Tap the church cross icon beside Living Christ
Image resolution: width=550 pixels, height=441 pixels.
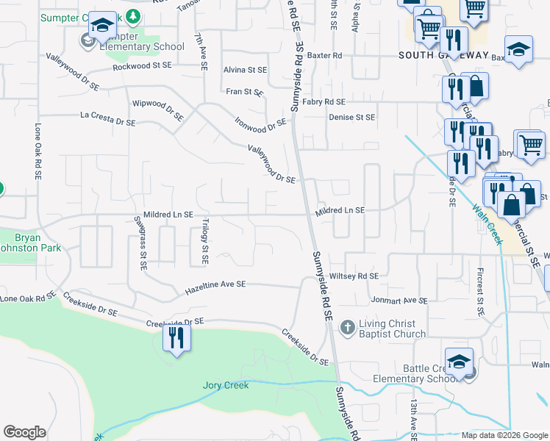tap(347, 326)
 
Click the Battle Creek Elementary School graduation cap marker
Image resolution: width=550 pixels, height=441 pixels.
tap(459, 362)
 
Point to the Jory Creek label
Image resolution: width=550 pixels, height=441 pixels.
tap(226, 385)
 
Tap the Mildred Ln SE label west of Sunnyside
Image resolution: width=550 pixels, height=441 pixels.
tap(168, 215)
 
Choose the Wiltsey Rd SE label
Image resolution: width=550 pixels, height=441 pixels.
tap(354, 276)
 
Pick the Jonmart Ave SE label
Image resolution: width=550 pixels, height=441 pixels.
tap(399, 301)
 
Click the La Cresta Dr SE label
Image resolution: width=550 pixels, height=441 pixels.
tap(107, 116)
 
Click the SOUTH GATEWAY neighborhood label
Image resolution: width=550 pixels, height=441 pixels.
tap(443, 55)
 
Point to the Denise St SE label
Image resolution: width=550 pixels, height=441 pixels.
tap(351, 117)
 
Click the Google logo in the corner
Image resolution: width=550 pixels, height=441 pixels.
tap(24, 432)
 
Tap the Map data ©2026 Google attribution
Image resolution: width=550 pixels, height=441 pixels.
tap(504, 435)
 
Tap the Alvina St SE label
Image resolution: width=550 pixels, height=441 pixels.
tap(245, 70)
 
